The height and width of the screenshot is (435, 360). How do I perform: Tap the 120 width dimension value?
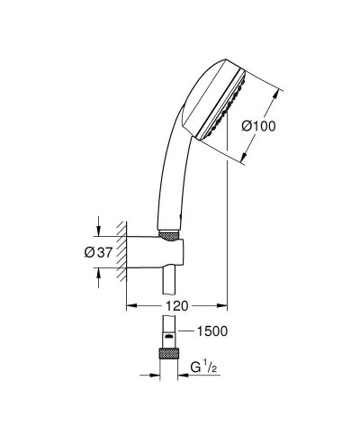pyautogui.click(x=176, y=306)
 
